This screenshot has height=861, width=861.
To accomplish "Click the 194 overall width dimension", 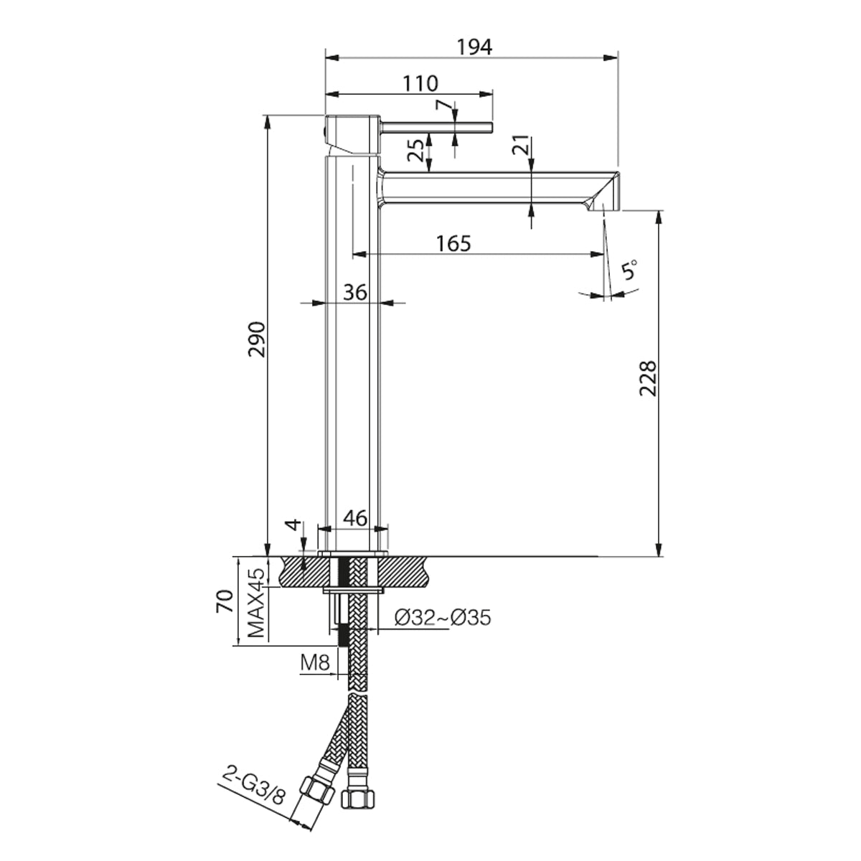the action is pyautogui.click(x=474, y=47).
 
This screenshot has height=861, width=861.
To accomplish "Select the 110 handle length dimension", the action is pyautogui.click(x=420, y=83).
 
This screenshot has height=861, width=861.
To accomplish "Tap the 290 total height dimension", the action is pyautogui.click(x=258, y=339).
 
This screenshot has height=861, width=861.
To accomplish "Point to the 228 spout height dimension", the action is pyautogui.click(x=648, y=378).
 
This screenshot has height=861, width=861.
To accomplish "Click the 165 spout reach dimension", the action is pyautogui.click(x=453, y=244).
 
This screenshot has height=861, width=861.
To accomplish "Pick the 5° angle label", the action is pyautogui.click(x=629, y=270).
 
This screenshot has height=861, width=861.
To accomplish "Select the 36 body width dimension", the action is pyautogui.click(x=355, y=293).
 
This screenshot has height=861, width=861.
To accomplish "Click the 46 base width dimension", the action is pyautogui.click(x=355, y=518).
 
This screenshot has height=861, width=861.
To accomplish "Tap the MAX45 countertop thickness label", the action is pyautogui.click(x=257, y=603).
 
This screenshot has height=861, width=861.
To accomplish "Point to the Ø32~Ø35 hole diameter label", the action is pyautogui.click(x=443, y=618).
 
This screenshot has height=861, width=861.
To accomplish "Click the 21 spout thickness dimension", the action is pyautogui.click(x=521, y=145).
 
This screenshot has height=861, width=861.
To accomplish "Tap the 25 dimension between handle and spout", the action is pyautogui.click(x=416, y=151).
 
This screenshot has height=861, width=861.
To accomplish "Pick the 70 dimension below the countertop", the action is pyautogui.click(x=225, y=601).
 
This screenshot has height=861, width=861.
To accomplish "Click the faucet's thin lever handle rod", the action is pyautogui.click(x=436, y=127).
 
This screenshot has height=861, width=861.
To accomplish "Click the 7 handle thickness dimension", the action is pyautogui.click(x=443, y=107).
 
